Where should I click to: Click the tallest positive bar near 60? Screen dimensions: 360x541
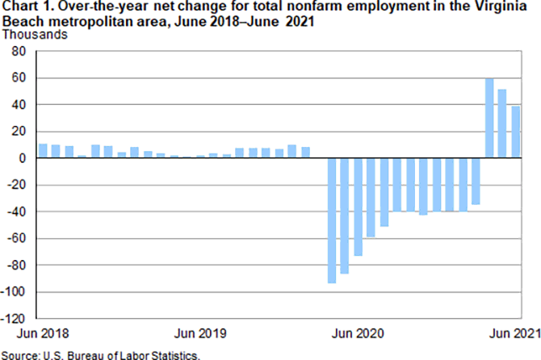point(489,118)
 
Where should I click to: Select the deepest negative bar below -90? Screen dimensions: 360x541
point(332,220)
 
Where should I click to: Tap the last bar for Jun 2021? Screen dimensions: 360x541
point(515,132)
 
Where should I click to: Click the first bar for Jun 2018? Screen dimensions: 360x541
point(44,151)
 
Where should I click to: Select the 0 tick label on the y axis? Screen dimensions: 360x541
point(23,158)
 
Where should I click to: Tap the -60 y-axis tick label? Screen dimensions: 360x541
point(19,238)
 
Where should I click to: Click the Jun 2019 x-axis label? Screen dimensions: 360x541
point(199,333)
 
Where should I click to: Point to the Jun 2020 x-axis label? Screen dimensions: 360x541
point(358,333)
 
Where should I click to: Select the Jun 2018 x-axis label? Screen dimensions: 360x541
point(41,333)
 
